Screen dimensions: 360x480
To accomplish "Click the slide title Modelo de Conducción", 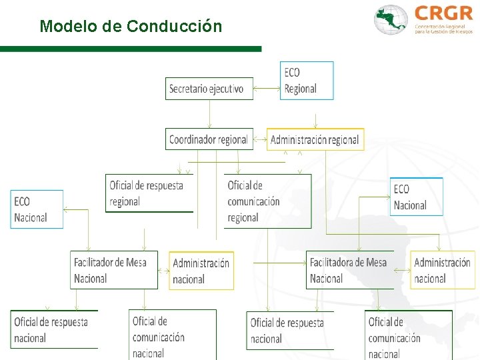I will (x=131, y=27).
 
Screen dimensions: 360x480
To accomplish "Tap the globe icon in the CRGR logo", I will (x=391, y=20).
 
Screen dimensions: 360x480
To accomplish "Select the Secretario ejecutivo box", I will (x=209, y=88).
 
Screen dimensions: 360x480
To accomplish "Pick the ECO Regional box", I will (x=307, y=81).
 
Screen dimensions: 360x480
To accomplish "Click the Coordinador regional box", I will (x=209, y=139).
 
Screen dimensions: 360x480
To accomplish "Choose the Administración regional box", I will (x=315, y=139).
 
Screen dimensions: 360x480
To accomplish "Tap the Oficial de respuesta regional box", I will (x=149, y=193).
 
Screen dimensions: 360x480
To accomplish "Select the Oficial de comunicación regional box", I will (x=267, y=201).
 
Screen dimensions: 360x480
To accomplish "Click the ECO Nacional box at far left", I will (x=37, y=209).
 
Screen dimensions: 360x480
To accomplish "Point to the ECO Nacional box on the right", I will (x=416, y=197).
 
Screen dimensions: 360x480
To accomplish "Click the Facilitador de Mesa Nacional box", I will (x=113, y=270).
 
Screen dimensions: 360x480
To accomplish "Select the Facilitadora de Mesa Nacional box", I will (x=349, y=270).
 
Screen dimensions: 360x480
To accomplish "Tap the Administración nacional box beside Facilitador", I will (x=201, y=271).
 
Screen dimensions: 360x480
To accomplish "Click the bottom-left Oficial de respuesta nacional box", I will (x=53, y=329).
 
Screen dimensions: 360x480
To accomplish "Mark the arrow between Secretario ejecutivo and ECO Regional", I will (x=267, y=87).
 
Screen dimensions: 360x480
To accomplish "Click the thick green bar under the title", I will (x=131, y=49).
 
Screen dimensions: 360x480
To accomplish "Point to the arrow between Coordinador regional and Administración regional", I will (x=260, y=140).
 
